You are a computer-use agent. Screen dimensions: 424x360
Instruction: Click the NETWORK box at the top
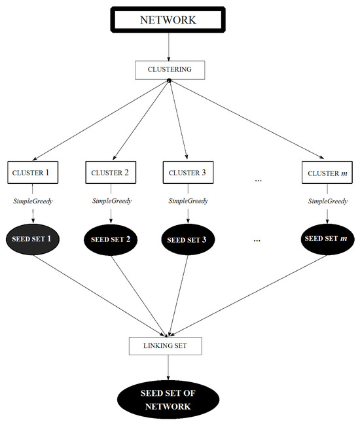[169, 19]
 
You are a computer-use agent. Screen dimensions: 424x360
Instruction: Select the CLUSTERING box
[169, 68]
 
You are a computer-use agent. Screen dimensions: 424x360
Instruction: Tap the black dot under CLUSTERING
[169, 80]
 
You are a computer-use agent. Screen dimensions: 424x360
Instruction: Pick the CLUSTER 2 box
[109, 173]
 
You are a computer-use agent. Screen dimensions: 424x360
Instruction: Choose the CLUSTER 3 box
[186, 173]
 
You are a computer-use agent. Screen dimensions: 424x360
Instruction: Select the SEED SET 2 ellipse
[109, 239]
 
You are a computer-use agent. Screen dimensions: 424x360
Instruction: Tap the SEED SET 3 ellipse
[186, 239]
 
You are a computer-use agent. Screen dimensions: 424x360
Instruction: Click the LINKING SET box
[169, 345]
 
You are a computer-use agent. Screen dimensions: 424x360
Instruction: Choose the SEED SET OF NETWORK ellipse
[169, 400]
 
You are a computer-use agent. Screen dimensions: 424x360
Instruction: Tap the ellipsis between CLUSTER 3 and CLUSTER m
[258, 179]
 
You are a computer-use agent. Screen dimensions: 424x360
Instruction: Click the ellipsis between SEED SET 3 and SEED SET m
[258, 240]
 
